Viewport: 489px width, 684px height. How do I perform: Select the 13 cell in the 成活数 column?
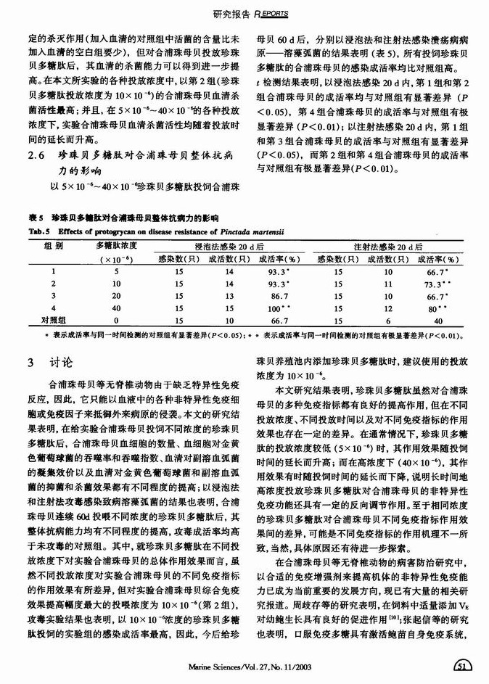click(209, 296)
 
